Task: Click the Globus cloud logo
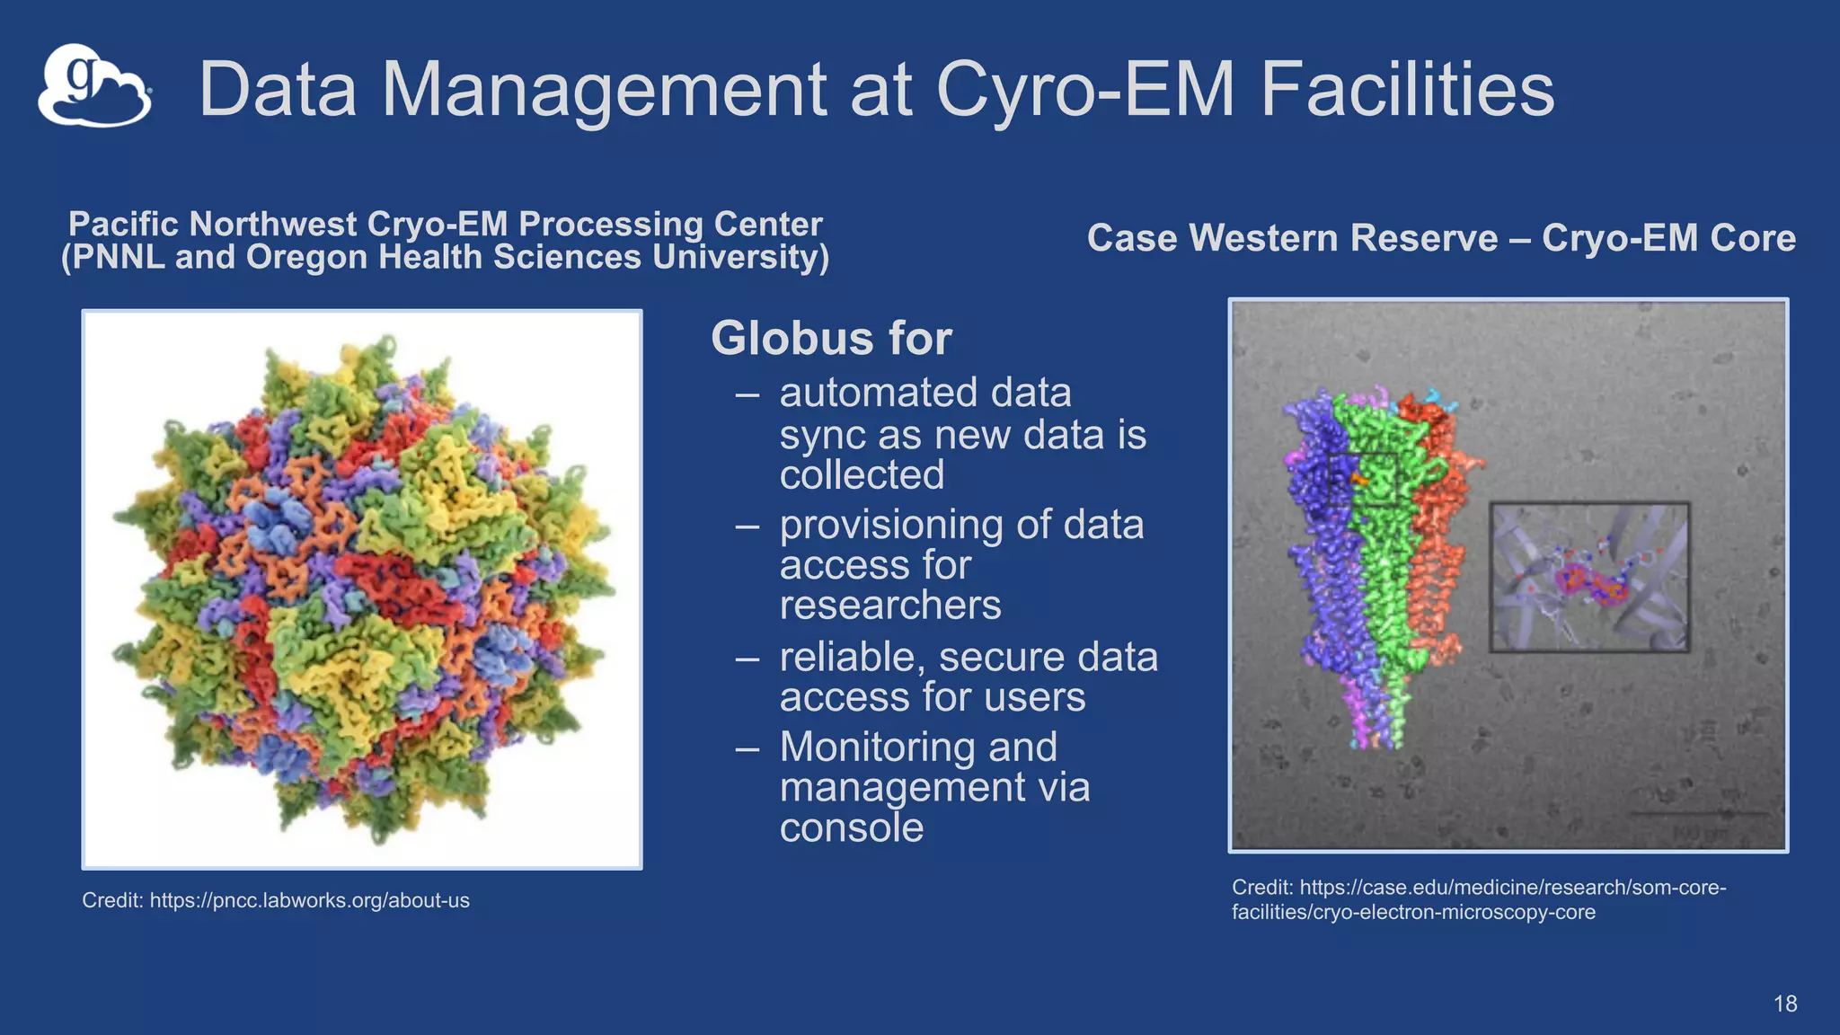click(93, 86)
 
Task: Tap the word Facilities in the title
click(1407, 89)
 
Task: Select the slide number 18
click(1784, 1004)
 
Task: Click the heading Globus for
click(831, 339)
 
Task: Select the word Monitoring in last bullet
click(918, 747)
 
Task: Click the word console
click(851, 827)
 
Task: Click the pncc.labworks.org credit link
click(309, 900)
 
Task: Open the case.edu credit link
click(1478, 899)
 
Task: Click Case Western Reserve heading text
click(1292, 238)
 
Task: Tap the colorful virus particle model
click(362, 588)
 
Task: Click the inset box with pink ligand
click(1588, 577)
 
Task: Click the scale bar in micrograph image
click(1696, 814)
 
